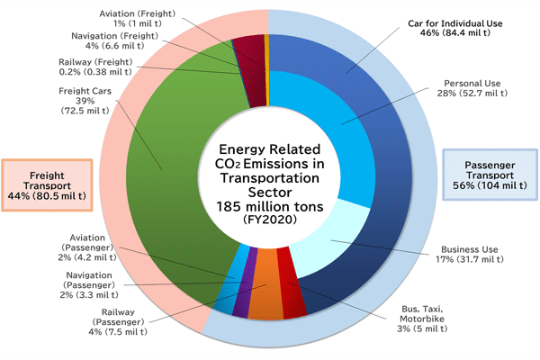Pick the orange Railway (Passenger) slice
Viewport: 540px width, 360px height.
pyautogui.click(x=266, y=297)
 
